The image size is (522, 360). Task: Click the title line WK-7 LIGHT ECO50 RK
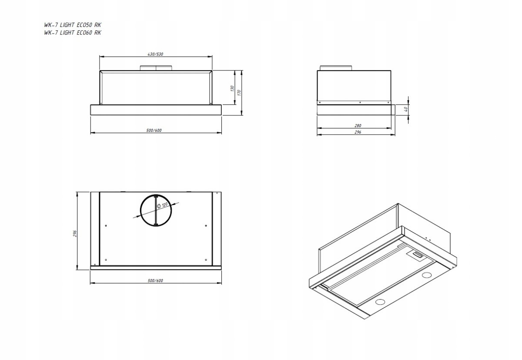point(73,25)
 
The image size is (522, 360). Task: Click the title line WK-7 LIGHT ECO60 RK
point(73,33)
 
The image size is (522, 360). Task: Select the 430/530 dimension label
point(155,54)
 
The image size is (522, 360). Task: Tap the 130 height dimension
point(232,88)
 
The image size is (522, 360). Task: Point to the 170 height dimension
point(239,93)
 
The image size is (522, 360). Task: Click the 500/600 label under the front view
point(154,130)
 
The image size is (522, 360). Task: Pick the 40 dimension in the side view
point(406,109)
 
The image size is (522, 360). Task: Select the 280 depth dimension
point(358,126)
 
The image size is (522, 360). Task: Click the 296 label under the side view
point(358,132)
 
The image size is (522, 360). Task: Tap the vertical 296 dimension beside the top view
point(75,233)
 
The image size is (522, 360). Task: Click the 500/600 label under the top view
point(155,280)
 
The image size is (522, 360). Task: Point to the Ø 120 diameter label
point(162,205)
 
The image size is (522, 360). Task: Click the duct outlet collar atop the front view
point(156,68)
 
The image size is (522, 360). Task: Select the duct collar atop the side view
point(336,68)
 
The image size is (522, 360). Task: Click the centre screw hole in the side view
point(360,102)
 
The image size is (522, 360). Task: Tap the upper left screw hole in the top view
point(106,225)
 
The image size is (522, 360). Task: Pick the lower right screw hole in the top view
point(206,260)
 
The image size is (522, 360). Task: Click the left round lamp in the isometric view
point(380,302)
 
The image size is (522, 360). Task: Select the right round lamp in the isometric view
point(427,275)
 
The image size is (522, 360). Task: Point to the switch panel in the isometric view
point(417,254)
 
